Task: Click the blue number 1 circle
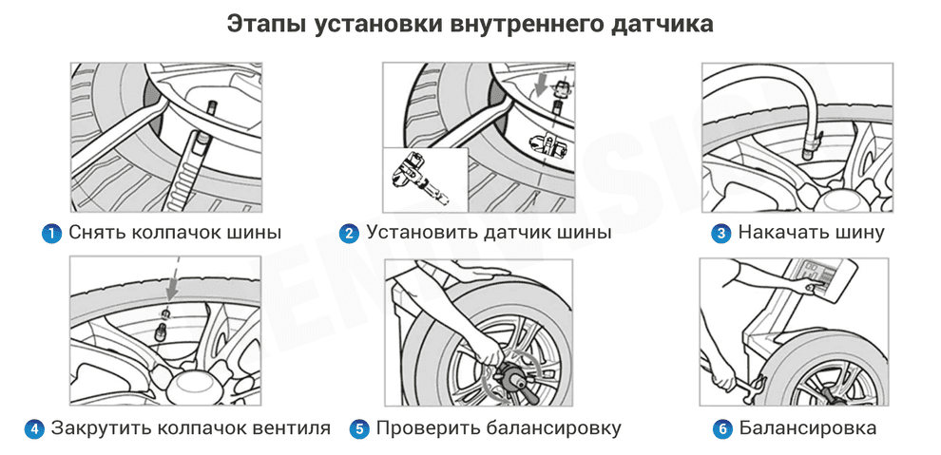coord(51,233)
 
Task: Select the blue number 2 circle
coord(349,233)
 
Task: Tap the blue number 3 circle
coord(721,233)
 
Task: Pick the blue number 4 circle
coord(34,429)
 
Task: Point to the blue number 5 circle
coord(359,429)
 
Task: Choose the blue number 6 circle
coord(722,429)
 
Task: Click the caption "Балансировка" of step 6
coord(807,429)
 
